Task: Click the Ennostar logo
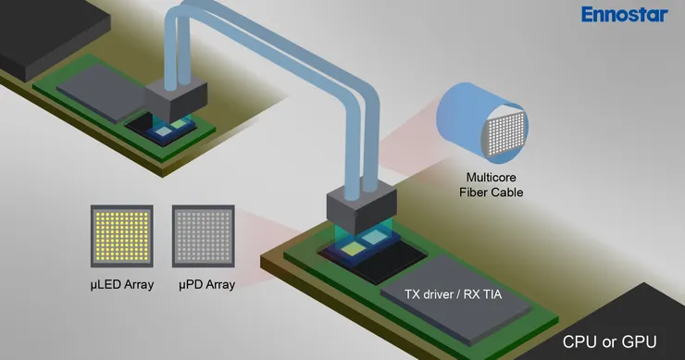point(624,15)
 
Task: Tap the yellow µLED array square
point(122,236)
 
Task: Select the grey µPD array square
point(203,236)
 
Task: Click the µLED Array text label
point(122,285)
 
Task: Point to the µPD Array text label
point(206,285)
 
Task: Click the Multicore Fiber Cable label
point(491,185)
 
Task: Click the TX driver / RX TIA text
point(453,294)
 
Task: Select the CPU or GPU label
point(609,341)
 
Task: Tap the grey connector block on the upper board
point(176,100)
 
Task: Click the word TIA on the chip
point(491,294)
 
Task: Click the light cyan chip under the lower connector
point(373,237)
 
